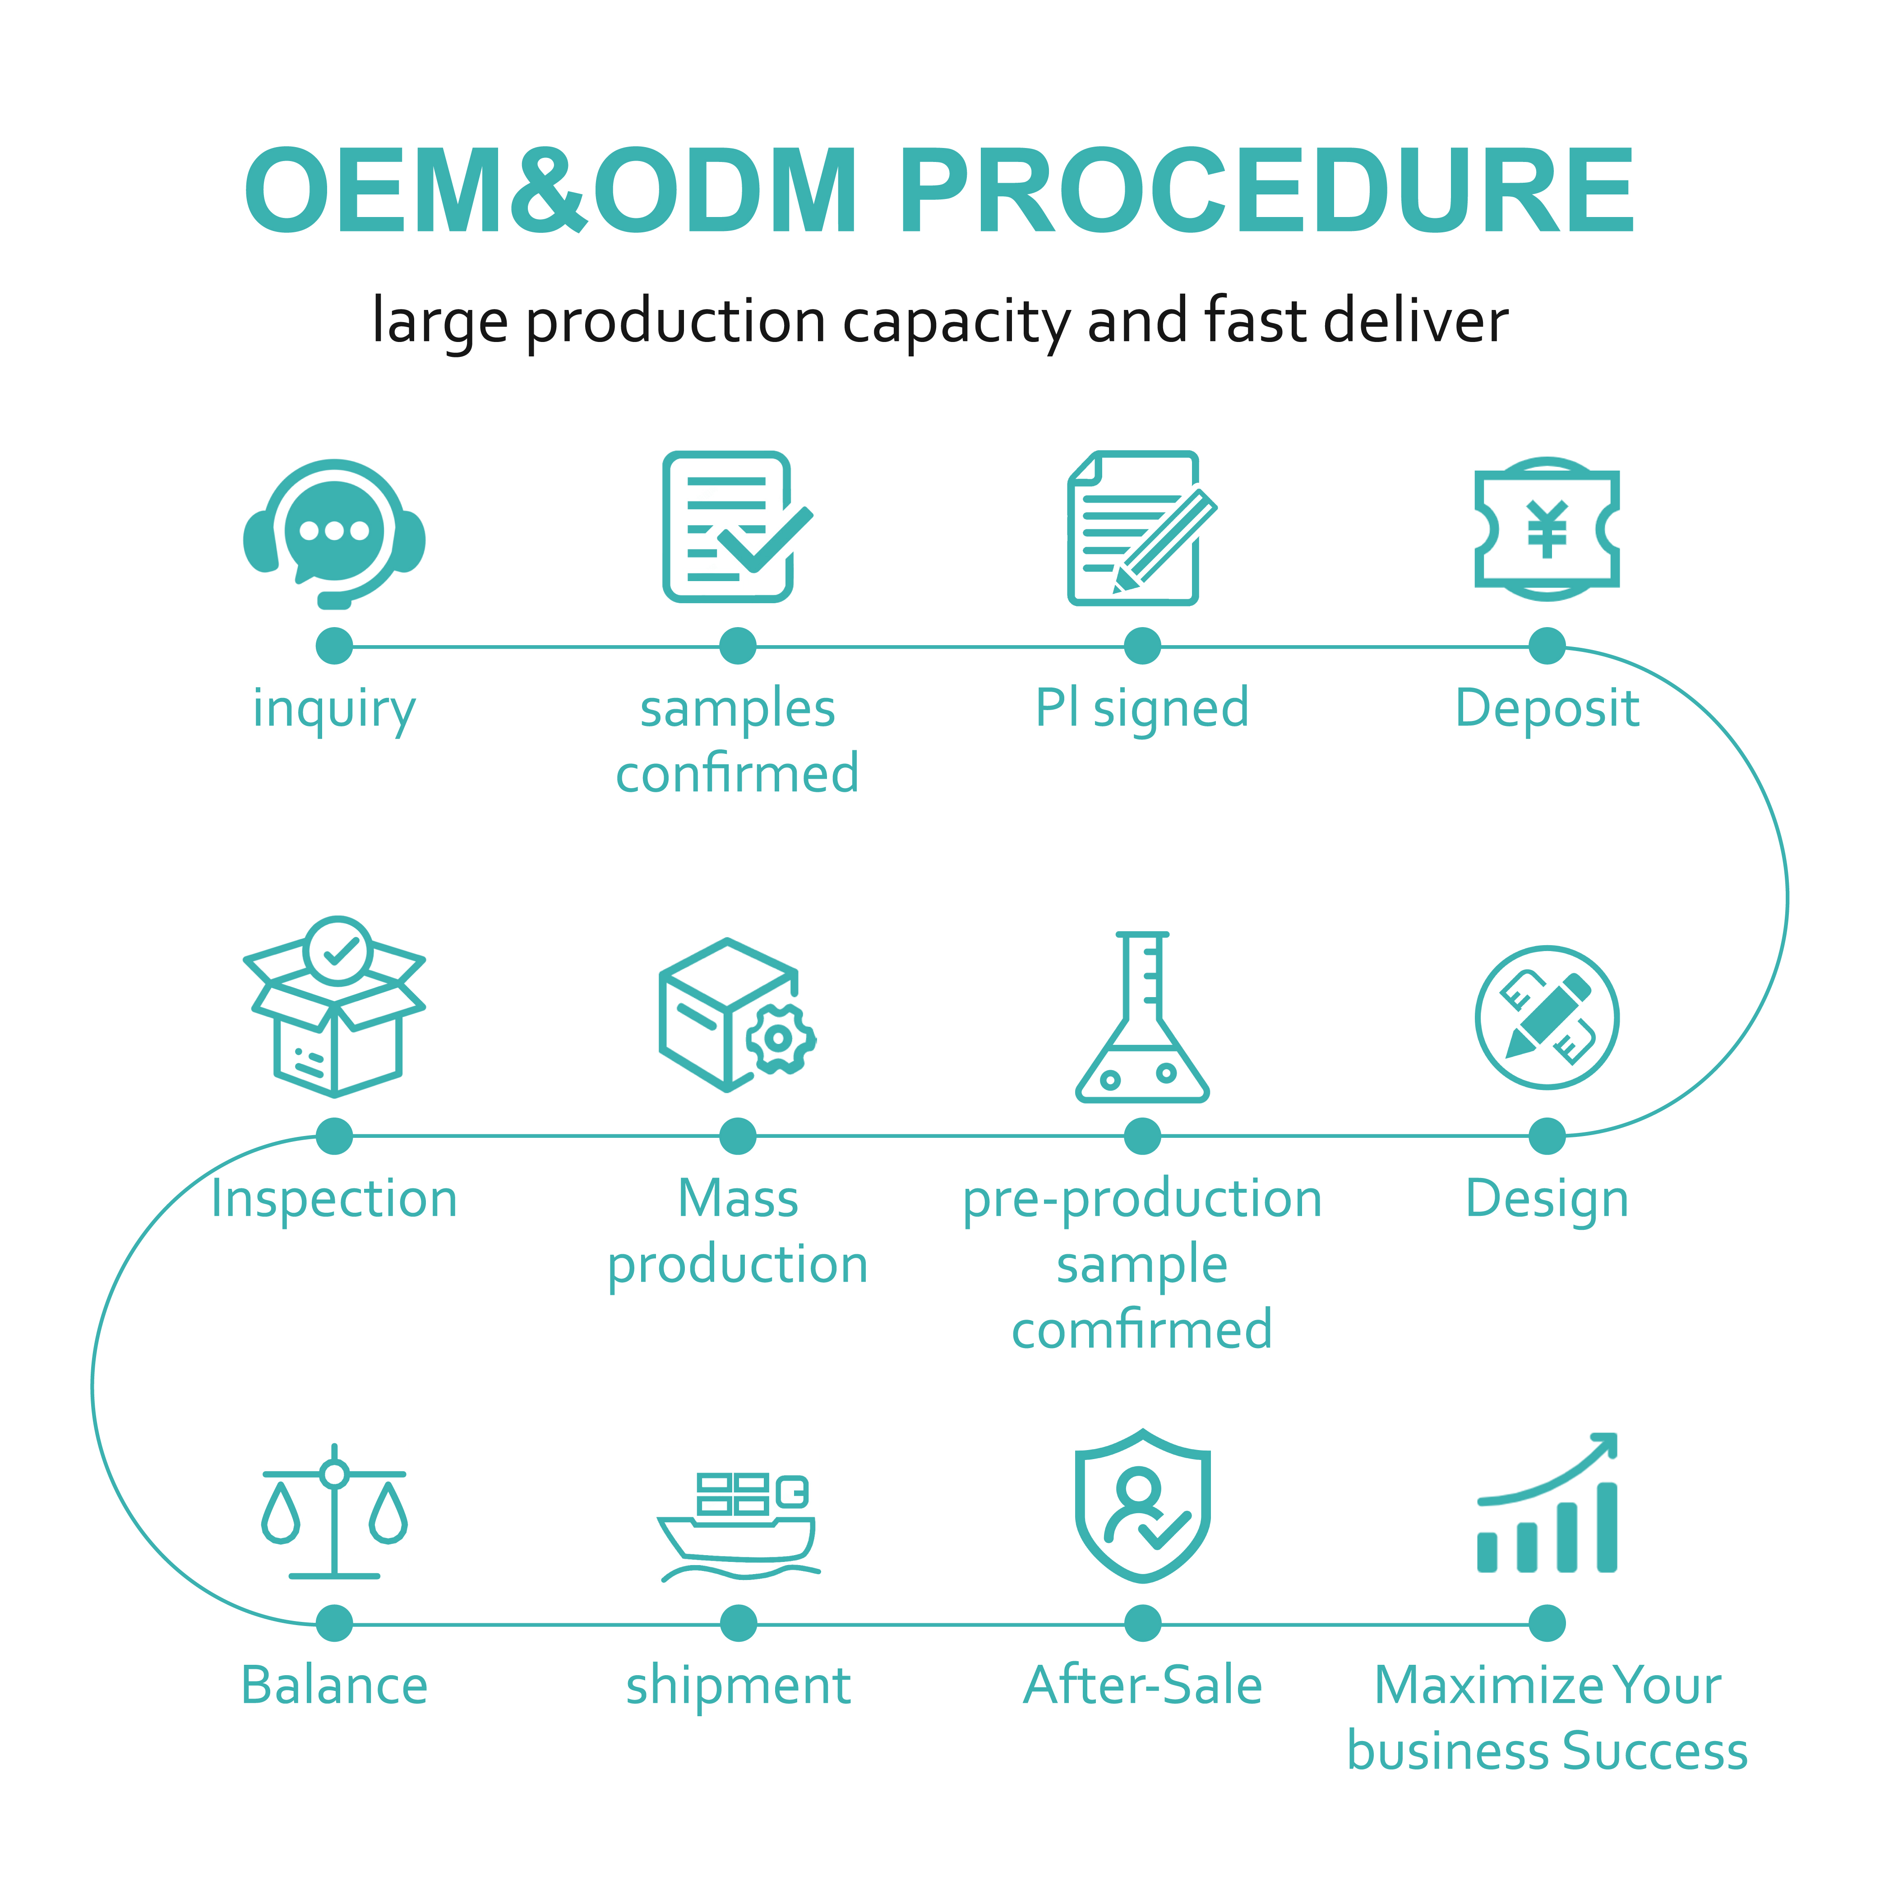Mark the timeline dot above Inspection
(334, 1136)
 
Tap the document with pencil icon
(1138, 528)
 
